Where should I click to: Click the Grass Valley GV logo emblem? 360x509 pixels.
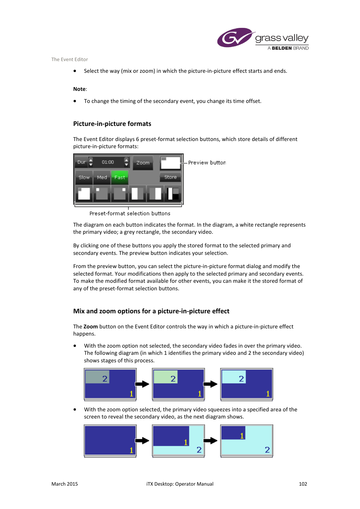[235, 38]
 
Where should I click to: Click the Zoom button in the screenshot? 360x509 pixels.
[143, 163]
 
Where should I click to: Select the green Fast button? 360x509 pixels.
[120, 177]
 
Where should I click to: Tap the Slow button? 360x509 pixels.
[84, 177]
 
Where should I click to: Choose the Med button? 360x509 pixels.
[102, 177]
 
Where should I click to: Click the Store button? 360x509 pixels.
[170, 177]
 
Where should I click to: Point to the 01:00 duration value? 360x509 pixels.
[108, 162]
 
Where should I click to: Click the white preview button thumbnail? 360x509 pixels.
[170, 163]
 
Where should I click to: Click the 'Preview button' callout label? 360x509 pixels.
[207, 163]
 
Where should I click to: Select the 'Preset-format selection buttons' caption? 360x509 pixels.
[130, 213]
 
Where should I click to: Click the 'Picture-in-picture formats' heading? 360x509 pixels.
[112, 124]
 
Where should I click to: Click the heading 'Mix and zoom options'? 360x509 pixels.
[151, 311]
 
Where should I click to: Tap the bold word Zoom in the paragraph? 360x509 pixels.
[91, 327]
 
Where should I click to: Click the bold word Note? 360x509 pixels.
[79, 89]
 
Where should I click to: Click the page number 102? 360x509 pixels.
[303, 484]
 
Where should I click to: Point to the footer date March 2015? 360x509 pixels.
[65, 484]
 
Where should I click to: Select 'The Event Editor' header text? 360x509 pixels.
[69, 59]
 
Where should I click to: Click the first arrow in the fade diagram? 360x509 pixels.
[142, 384]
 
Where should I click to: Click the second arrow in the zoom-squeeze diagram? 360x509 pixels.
[211, 441]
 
